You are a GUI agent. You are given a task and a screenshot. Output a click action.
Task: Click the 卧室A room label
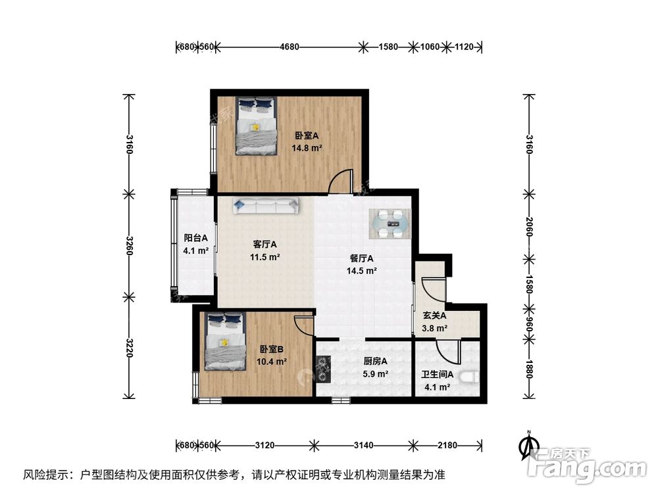click(307, 136)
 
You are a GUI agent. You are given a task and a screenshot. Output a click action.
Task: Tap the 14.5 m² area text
click(362, 270)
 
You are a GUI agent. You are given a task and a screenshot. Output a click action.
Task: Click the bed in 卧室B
click(223, 340)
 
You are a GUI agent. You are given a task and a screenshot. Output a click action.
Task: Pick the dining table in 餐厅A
click(393, 224)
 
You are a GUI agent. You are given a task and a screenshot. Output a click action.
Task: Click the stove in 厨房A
click(322, 368)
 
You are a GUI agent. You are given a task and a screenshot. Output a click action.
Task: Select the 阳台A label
click(195, 238)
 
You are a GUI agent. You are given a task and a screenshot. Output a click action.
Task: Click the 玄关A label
click(435, 316)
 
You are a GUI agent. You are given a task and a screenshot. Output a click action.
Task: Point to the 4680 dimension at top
click(290, 47)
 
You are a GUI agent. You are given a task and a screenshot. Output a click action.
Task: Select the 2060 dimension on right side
click(529, 227)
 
